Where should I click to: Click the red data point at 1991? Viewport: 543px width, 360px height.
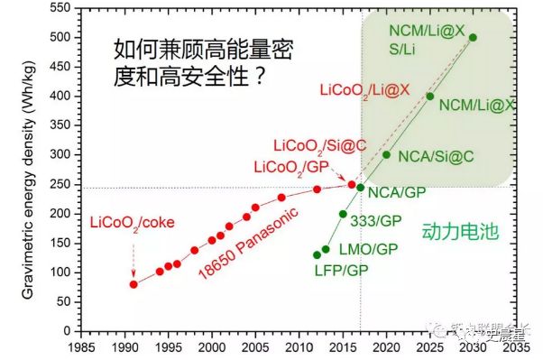(133, 284)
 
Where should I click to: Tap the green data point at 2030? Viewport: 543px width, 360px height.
(474, 38)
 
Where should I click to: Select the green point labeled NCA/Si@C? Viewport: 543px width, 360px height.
(386, 154)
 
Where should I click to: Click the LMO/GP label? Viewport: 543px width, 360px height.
(366, 249)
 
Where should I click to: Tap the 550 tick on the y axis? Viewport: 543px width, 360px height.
(60, 8)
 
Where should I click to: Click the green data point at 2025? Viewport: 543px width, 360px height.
(429, 97)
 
